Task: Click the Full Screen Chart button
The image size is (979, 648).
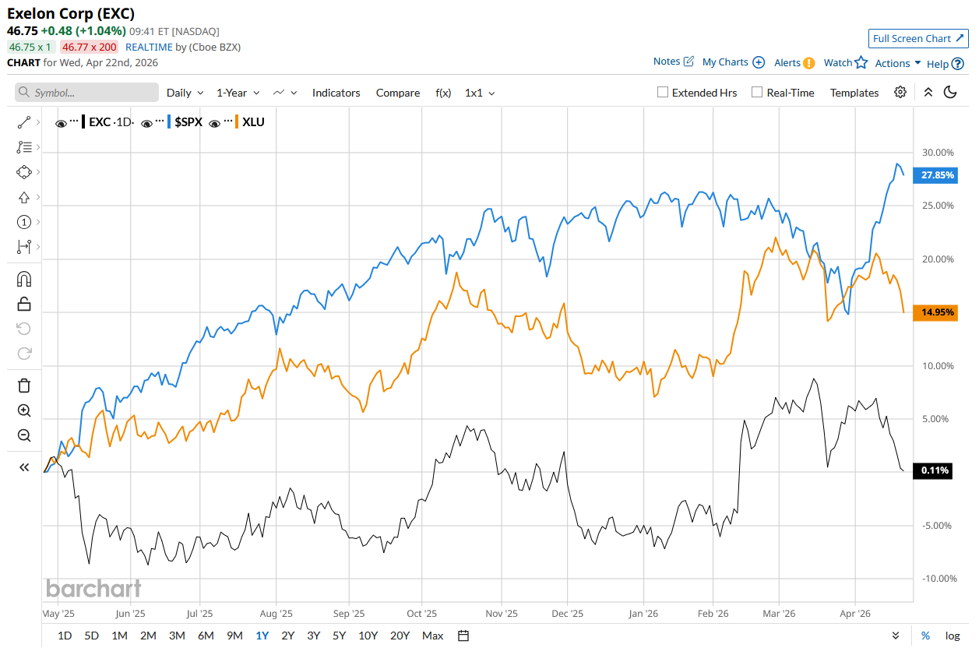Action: point(918,39)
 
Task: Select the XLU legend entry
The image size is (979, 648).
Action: point(253,122)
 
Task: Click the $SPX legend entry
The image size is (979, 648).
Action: point(188,122)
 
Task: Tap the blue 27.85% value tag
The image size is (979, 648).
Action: point(937,175)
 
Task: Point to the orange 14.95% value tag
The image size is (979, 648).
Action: point(937,312)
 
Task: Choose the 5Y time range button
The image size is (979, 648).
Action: point(339,636)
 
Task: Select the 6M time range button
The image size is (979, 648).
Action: point(206,636)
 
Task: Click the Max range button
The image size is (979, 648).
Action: point(432,636)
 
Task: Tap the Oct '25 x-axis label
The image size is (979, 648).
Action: point(421,614)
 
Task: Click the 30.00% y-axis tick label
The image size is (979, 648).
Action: point(937,153)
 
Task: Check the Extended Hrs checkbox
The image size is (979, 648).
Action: point(663,93)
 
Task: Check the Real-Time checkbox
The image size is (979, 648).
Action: point(757,93)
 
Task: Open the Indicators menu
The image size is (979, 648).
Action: point(336,93)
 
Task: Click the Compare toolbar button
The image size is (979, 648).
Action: point(397,93)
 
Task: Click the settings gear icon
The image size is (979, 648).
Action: point(900,92)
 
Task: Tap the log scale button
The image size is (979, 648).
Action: point(953,636)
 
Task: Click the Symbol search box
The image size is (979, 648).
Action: point(86,93)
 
